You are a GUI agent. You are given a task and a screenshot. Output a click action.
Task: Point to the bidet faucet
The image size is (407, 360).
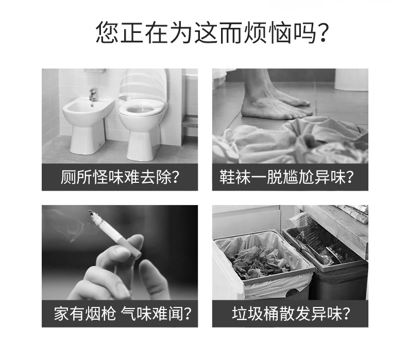[93, 94]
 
